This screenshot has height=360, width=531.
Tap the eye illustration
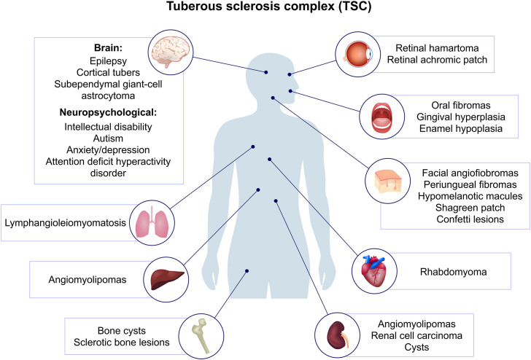click(x=359, y=55)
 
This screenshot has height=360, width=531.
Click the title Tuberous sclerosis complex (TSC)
click(x=265, y=11)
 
